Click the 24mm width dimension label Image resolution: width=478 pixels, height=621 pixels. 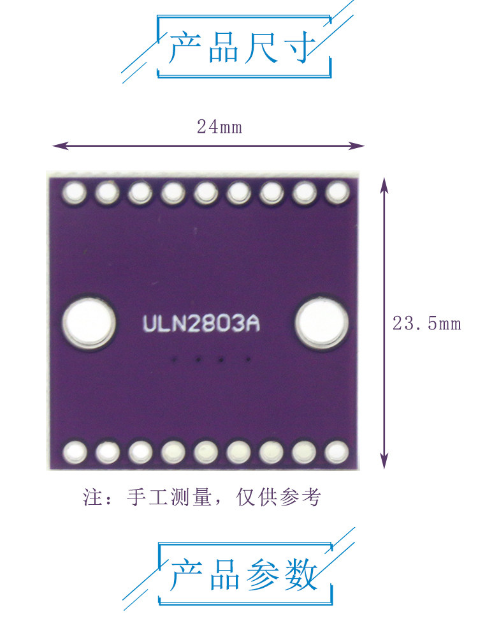pos(219,127)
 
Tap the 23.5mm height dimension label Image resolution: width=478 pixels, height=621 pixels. pos(426,324)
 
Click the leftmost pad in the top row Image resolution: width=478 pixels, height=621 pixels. pos(75,191)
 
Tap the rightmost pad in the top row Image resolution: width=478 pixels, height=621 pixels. pos(337,191)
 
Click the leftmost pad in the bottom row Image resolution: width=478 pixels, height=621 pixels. pos(75,453)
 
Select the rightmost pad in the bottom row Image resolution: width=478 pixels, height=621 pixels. pos(335,453)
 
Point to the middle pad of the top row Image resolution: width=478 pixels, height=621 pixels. pos(205,191)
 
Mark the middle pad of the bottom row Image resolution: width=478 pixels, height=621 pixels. pos(205,453)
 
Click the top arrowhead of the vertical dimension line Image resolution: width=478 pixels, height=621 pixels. pos(384,183)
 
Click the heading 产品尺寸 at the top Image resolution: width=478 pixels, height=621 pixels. pos(242,48)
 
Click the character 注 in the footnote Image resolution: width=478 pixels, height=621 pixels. pos(92,497)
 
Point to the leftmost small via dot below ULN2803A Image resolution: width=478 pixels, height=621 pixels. pos(174,360)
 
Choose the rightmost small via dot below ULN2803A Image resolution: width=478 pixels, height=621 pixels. pos(247,360)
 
